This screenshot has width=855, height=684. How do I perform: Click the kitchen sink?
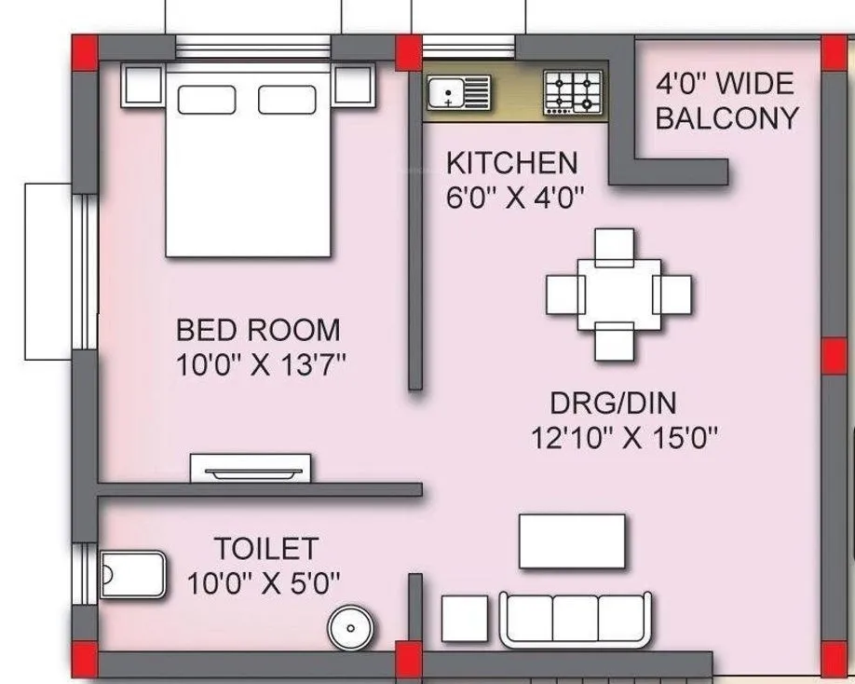tap(459, 93)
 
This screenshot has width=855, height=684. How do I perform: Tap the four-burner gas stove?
tap(572, 93)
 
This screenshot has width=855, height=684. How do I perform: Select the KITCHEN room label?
tap(511, 163)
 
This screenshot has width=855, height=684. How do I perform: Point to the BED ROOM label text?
tap(258, 330)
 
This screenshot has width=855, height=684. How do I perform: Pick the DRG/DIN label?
tap(612, 404)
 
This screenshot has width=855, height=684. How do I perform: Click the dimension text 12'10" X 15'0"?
tap(625, 437)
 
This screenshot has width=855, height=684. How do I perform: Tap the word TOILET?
tap(266, 548)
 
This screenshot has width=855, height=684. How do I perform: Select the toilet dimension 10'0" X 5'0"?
tap(264, 583)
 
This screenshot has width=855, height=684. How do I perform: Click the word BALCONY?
tap(726, 118)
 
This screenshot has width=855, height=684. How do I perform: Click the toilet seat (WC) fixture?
tap(131, 571)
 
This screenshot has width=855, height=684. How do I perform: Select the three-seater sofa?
tap(575, 619)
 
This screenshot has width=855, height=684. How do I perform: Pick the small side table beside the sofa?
tap(464, 619)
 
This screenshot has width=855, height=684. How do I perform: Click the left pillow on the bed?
tap(207, 101)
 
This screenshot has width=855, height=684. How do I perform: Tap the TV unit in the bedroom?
tap(251, 469)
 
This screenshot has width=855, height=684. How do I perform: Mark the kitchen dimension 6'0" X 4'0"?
tap(514, 198)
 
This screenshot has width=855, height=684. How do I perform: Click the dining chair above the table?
tap(615, 244)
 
